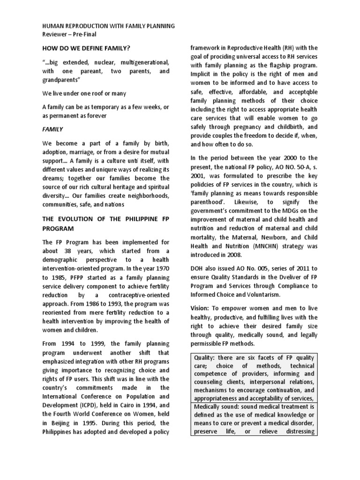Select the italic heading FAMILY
[x=52, y=128]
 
